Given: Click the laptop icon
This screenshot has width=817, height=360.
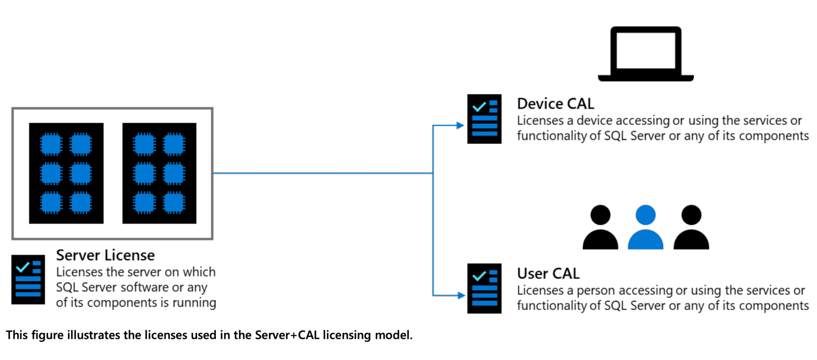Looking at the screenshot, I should coord(645,54).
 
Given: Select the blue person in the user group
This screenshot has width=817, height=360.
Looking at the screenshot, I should coord(645,227).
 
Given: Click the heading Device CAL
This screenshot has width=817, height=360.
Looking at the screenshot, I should coord(555,104).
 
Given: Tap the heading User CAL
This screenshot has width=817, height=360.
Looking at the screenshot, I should coord(548,273).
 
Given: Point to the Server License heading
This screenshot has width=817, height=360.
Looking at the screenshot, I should coord(105,255).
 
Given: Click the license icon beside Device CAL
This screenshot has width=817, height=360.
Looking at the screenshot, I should coord(484,119).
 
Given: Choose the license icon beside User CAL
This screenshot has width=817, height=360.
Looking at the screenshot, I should coord(484,288).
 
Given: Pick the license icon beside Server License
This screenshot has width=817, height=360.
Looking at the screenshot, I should coord(28,279).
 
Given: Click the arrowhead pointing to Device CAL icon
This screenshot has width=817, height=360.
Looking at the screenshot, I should coord(460,125).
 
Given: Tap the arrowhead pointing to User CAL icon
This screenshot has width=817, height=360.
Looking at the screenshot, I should coord(461,295).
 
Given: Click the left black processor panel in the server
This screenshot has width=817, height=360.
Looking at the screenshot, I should coord(66,173).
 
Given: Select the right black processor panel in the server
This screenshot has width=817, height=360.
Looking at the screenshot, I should coord(159,173).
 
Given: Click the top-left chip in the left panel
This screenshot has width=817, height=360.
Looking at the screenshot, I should coord(51,144).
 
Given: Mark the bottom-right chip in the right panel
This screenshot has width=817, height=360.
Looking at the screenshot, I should coord(174,202).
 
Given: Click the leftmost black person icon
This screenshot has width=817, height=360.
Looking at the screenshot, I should coord(600,227).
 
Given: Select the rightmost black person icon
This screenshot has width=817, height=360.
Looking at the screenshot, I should coord(691,227).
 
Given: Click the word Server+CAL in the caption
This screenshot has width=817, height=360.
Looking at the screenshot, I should coord(287,335).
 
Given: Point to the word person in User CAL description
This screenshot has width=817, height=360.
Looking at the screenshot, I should coord(596,291).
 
